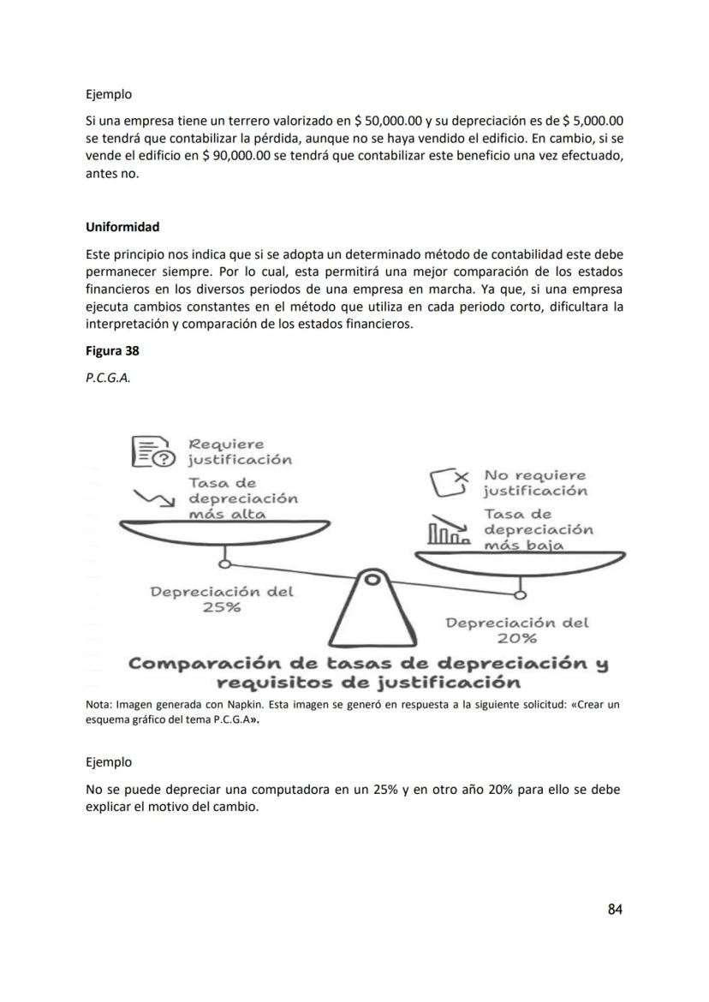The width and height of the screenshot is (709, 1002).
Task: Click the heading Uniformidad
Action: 122,227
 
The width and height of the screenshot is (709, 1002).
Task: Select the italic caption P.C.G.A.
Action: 108,375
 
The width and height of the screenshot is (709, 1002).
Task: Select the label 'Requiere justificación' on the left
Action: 239,451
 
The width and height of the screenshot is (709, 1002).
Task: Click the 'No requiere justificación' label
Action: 535,482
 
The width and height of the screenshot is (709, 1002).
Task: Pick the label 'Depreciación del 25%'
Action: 222,599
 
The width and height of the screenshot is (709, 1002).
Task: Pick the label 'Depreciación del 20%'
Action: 517,630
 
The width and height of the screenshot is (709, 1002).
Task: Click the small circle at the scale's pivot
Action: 372,580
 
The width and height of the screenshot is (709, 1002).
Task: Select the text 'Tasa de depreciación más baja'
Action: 538,530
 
